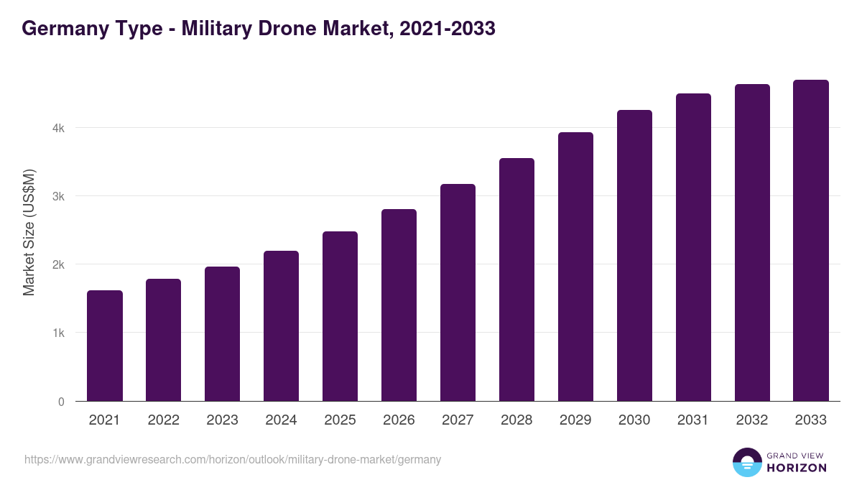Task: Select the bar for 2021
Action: click(x=105, y=346)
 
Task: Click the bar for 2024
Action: click(x=282, y=326)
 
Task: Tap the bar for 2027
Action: click(x=458, y=293)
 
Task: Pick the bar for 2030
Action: click(x=634, y=256)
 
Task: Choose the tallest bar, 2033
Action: click(x=811, y=241)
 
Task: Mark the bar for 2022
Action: click(x=164, y=341)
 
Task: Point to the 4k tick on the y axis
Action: click(x=57, y=128)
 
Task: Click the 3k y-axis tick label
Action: click(x=57, y=196)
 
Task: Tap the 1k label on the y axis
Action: click(x=57, y=333)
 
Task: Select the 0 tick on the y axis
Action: click(x=61, y=402)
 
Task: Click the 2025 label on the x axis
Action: click(x=340, y=420)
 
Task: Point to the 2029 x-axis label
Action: click(x=575, y=420)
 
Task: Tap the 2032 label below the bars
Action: click(x=752, y=420)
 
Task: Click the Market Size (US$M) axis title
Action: click(x=29, y=232)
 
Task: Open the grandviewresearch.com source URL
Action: click(x=233, y=459)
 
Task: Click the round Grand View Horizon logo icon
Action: click(x=747, y=462)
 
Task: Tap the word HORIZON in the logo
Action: click(x=797, y=468)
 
